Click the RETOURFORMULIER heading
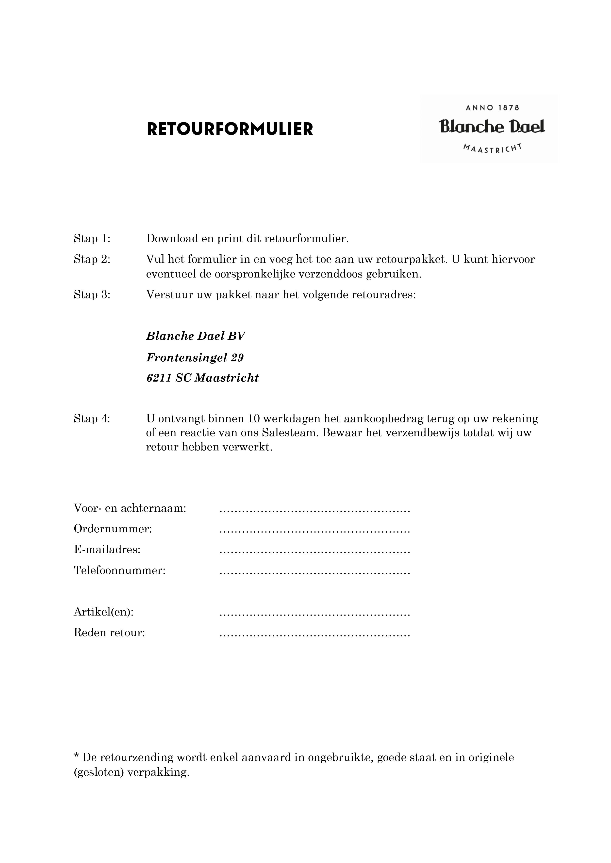(230, 129)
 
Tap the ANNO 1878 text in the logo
(492, 108)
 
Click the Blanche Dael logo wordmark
(492, 127)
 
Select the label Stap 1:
(92, 239)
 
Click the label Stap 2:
(92, 259)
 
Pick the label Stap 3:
(92, 295)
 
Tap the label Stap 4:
(92, 418)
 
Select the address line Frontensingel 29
(195, 357)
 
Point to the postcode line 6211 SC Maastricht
(202, 378)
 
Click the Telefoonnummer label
(120, 570)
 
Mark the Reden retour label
(110, 633)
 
